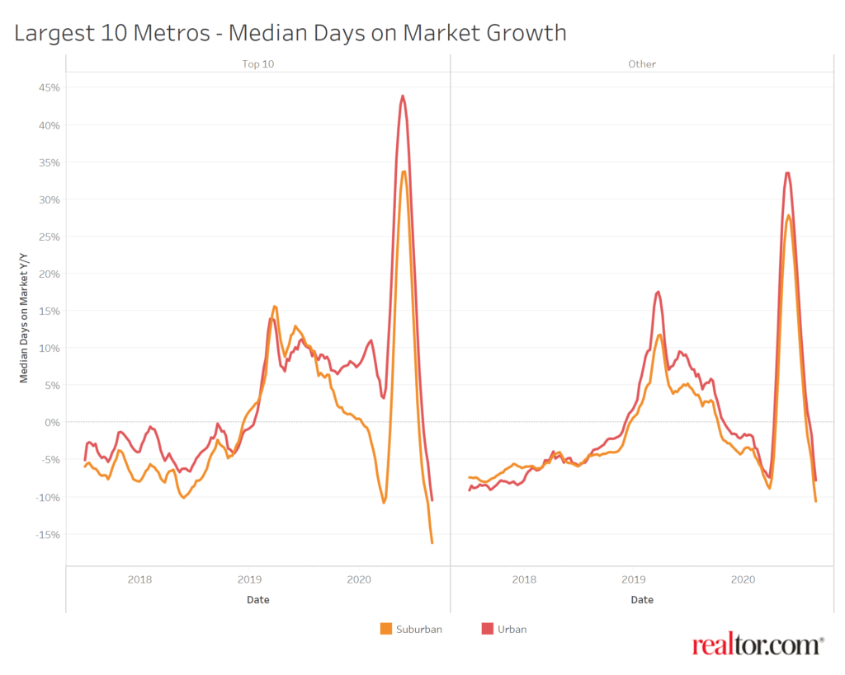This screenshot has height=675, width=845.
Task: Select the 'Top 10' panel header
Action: click(258, 63)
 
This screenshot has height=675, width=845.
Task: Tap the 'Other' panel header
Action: click(642, 63)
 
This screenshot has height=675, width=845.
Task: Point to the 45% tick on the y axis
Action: click(46, 87)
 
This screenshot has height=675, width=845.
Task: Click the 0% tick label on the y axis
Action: click(50, 422)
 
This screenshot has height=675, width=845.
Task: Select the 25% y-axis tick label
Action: click(46, 237)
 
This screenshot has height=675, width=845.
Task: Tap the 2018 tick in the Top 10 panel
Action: click(139, 579)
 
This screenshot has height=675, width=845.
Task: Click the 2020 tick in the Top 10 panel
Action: click(359, 579)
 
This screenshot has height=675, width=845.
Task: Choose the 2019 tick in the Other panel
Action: click(633, 579)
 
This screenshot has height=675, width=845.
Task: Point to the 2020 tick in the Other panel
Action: click(743, 579)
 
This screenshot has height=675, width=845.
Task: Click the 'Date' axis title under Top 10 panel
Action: click(257, 600)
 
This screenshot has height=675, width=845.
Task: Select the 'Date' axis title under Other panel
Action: click(642, 600)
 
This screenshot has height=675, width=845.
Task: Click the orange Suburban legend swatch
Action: click(385, 629)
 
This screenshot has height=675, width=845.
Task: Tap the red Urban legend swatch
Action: click(487, 629)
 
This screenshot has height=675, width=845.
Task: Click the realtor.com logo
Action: click(758, 645)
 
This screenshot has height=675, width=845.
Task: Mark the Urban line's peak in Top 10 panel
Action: click(403, 96)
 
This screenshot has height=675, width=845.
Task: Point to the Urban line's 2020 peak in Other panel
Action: click(787, 173)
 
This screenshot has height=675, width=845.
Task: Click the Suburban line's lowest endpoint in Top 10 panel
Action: click(432, 542)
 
